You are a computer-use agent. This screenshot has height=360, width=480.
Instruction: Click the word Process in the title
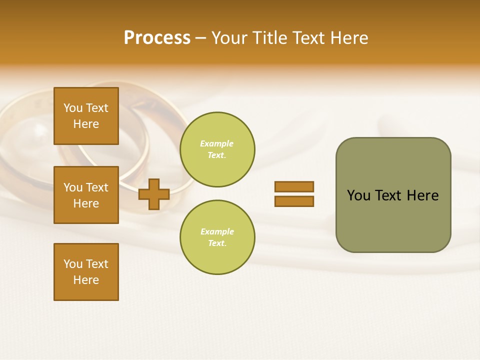pyautogui.click(x=157, y=38)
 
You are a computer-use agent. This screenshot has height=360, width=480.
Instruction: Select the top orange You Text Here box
pyautogui.click(x=86, y=116)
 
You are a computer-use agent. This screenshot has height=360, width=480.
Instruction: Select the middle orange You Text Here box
pyautogui.click(x=86, y=195)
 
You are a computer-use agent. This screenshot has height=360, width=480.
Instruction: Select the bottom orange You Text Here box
pyautogui.click(x=86, y=271)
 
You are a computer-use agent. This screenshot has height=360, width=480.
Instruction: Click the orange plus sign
pyautogui.click(x=154, y=194)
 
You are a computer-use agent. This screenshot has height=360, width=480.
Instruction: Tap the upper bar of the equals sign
pyautogui.click(x=294, y=186)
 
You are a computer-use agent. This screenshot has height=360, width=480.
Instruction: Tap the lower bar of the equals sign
pyautogui.click(x=294, y=201)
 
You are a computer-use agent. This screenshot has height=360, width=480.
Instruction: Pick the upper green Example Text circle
pyautogui.click(x=217, y=149)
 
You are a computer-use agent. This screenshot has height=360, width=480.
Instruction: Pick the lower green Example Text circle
pyautogui.click(x=217, y=237)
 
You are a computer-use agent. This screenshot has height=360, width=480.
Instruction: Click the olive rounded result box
pyautogui.click(x=393, y=195)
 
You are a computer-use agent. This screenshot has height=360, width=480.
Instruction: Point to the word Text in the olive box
pyautogui.click(x=389, y=195)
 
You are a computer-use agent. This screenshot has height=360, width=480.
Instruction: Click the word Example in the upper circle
pyautogui.click(x=216, y=143)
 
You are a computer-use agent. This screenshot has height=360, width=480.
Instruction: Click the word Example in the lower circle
pyautogui.click(x=217, y=231)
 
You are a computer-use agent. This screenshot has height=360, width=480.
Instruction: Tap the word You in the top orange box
pyautogui.click(x=73, y=108)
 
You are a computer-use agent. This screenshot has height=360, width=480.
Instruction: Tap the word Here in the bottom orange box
pyautogui.click(x=86, y=280)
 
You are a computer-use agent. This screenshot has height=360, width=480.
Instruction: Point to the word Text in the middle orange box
pyautogui.click(x=96, y=187)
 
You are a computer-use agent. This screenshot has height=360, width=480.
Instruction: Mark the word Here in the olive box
pyautogui.click(x=422, y=195)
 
